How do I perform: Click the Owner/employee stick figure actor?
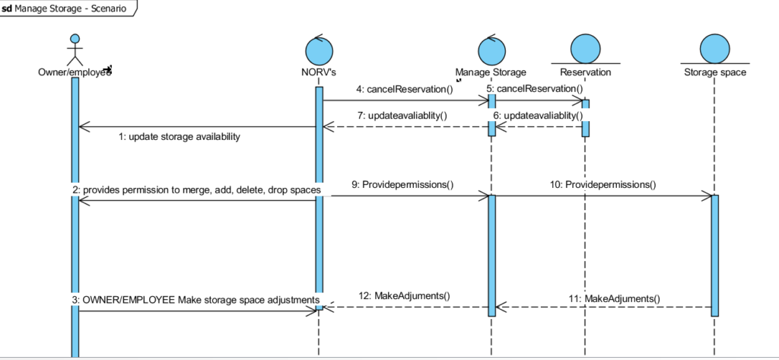click(x=75, y=49)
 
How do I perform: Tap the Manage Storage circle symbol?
click(x=491, y=50)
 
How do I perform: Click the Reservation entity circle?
click(x=585, y=48)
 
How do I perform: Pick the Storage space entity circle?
click(x=714, y=48)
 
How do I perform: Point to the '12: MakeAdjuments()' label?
click(x=404, y=296)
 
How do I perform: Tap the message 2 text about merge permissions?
click(x=196, y=189)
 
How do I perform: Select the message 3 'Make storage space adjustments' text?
click(x=196, y=300)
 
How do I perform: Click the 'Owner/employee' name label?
click(x=75, y=72)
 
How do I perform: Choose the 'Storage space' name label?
click(x=714, y=72)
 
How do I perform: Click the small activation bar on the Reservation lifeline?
click(x=586, y=117)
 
